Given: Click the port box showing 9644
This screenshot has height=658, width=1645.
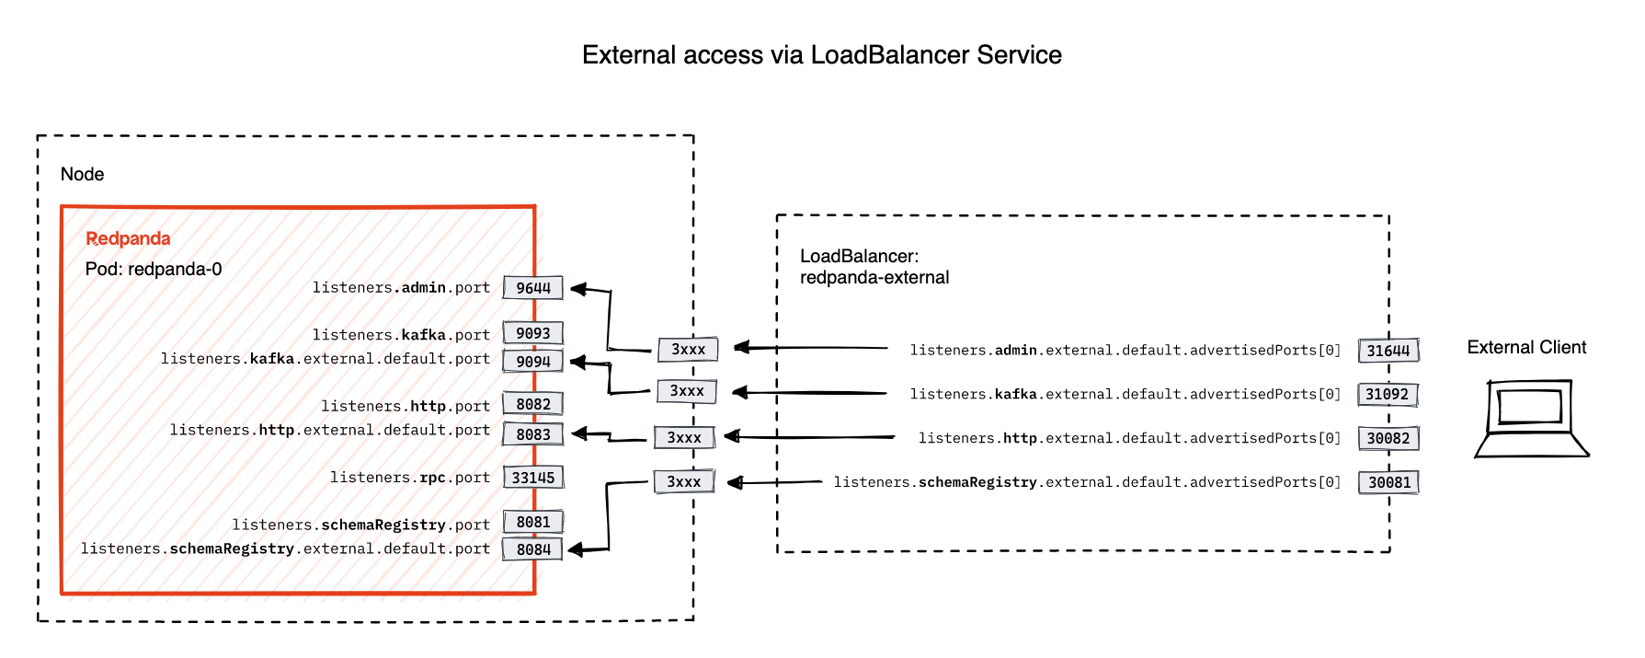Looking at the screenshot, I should pos(532,288).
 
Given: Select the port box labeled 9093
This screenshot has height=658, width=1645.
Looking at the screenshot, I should pos(532,333).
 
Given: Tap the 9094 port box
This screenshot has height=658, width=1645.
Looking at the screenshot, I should pos(532,361).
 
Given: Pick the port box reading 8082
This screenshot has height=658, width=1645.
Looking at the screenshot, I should pos(532,404).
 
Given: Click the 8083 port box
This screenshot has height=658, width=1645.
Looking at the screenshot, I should pos(532,434).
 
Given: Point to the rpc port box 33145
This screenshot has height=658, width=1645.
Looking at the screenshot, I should pos(532,478).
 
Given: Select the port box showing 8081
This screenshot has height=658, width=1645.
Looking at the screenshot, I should pos(532,522).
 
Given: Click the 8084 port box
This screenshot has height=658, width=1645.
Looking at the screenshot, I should pos(532,549).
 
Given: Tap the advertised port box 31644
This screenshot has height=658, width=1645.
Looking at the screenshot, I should pos(1388,351).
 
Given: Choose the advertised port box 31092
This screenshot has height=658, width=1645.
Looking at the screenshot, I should pos(1388,395).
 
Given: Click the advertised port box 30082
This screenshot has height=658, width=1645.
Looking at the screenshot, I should pos(1388,438).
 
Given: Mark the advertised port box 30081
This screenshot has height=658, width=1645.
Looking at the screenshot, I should pos(1388,482).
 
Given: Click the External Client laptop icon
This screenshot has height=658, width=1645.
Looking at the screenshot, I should pos(1530,419).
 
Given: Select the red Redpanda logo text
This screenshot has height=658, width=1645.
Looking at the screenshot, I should pos(128,238).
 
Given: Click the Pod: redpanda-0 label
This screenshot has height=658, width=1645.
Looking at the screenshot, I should pos(154,269).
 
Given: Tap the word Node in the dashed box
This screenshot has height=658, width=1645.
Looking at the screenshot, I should pos(82,174).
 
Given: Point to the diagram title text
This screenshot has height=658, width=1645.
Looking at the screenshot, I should pos(821,55).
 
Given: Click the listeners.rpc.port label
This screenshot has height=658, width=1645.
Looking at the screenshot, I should pos(409,478).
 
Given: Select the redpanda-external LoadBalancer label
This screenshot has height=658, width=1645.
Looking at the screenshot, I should pos(874,277).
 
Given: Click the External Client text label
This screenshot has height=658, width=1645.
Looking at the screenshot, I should pos(1526,347).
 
